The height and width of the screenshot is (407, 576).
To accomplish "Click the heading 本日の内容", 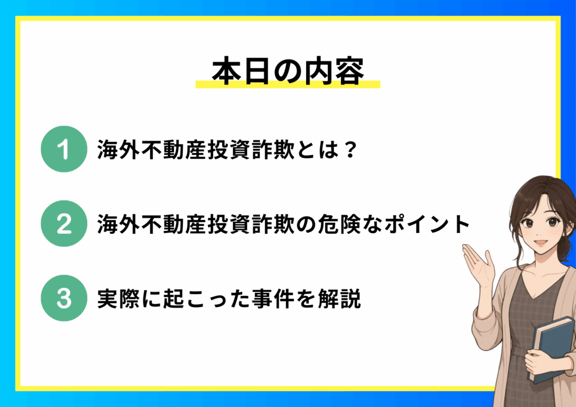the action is point(288,71).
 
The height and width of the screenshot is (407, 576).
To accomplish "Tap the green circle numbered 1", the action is point(64,149).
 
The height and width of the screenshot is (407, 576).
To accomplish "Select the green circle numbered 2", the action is point(64,224).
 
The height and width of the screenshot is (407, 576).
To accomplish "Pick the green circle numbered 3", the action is point(64,298).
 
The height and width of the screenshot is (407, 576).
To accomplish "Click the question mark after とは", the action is point(351,150).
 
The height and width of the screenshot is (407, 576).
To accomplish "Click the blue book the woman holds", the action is point(552,349).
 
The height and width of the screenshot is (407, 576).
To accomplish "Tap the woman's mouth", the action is point(541,243).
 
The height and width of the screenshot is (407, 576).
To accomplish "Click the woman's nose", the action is point(541,230).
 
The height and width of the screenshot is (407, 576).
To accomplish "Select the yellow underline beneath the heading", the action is point(288,84).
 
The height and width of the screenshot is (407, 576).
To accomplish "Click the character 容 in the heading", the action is point(349,71).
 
